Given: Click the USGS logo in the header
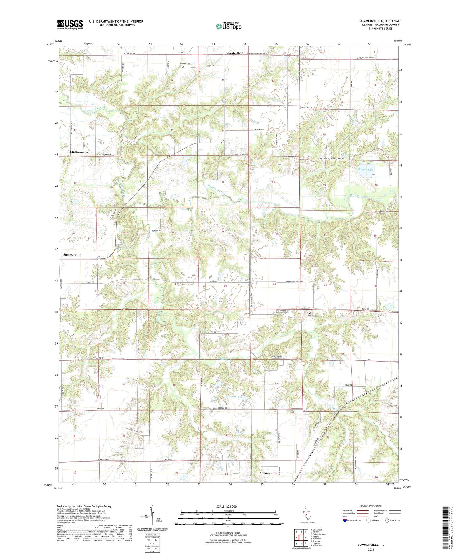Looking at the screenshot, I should pos(70,25).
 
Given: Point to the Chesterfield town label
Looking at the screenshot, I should pos(235,53).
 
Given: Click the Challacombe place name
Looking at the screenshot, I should pos(79,152).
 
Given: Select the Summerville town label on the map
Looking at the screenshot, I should pos(72,255).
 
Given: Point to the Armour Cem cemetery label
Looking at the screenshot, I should pos(313,316).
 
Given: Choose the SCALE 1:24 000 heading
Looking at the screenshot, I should pos(228,507).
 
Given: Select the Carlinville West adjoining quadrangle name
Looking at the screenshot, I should pos(318,534).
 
